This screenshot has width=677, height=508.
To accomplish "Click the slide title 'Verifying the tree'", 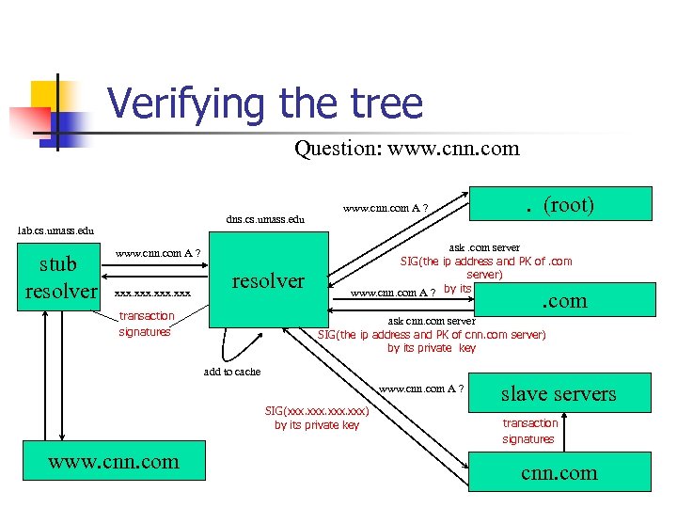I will [x=265, y=103].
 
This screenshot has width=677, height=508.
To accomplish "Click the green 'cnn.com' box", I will [x=560, y=473].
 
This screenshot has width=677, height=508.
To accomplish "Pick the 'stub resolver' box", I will [x=61, y=276].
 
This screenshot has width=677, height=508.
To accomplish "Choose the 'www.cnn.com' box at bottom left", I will [x=114, y=462].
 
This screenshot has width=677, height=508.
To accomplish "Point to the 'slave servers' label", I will [x=559, y=393].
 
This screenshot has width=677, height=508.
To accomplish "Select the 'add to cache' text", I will [x=232, y=372].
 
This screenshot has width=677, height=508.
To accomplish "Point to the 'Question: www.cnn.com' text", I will [x=406, y=149].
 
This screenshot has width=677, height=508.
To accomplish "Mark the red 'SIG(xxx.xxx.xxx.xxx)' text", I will [x=317, y=410].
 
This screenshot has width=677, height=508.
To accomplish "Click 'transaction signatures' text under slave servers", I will [x=530, y=431].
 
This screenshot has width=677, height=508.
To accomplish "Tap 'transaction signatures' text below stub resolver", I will [x=146, y=324].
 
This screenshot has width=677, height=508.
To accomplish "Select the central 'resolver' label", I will [x=268, y=280].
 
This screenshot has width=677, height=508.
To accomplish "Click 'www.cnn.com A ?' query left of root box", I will [x=386, y=208].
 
